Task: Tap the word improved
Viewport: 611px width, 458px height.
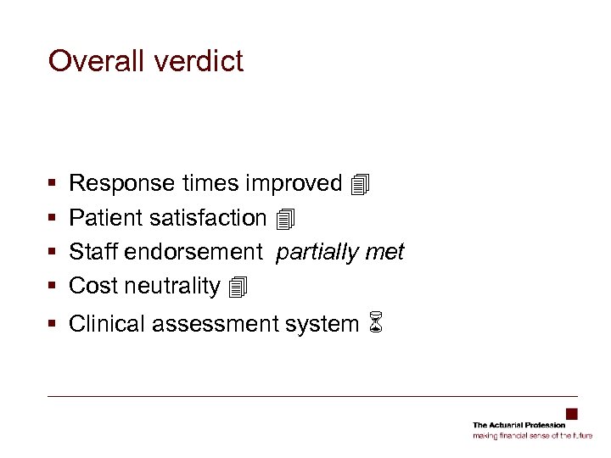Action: (x=294, y=184)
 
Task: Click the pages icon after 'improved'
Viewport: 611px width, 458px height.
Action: (x=360, y=184)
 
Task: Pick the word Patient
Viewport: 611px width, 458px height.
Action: (x=106, y=218)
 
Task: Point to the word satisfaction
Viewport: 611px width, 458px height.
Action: (x=207, y=218)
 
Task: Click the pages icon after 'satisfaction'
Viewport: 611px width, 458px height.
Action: (x=285, y=220)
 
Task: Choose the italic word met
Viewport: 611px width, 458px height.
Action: (x=387, y=252)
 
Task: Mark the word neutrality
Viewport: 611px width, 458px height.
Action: (x=172, y=286)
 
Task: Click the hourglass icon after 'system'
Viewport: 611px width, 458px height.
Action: (x=377, y=324)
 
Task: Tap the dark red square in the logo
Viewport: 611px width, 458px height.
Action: (x=572, y=415)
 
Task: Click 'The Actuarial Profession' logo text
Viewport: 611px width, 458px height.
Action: (x=519, y=425)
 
